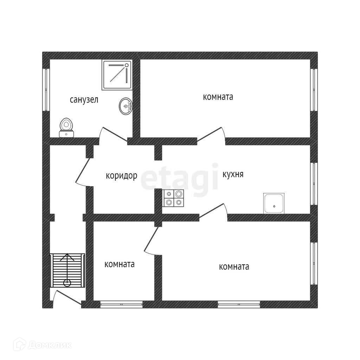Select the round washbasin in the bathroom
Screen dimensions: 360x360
126,106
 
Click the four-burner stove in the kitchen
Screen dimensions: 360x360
174,198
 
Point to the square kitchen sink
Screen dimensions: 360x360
274,203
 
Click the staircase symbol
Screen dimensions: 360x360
67,270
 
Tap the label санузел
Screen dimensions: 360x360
84,100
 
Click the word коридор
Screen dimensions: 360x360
121,176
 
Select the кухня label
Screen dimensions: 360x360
233,174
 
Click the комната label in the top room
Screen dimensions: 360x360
218,97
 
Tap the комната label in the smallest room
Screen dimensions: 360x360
120,264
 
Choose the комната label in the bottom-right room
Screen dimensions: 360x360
234,267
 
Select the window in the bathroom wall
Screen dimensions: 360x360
46,90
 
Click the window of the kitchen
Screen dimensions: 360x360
314,184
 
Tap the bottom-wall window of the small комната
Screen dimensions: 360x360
121,304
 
